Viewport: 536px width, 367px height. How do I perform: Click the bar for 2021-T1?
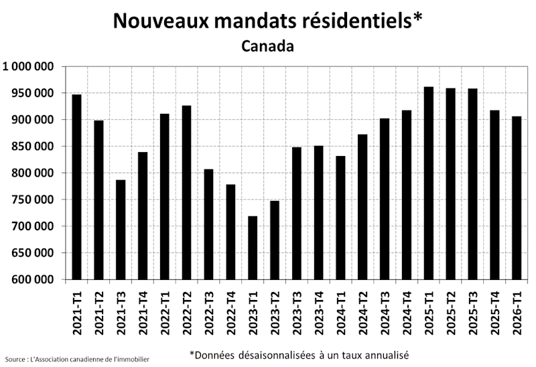[77, 187]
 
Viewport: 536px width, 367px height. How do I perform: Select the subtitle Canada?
[267, 47]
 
